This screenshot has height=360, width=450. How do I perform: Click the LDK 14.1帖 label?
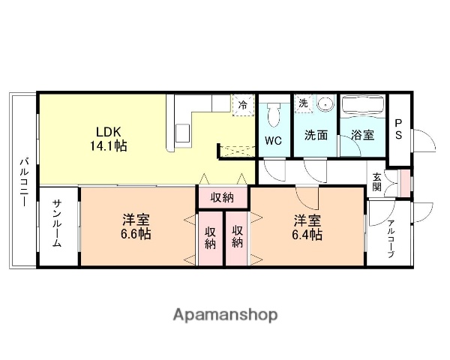click(x=109, y=137)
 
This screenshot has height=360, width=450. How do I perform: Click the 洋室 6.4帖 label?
click(x=307, y=227)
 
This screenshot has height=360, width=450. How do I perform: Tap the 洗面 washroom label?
click(x=315, y=136)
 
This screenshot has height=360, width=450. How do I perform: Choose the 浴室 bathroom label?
click(x=363, y=136)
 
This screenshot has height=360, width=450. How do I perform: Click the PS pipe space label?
click(x=399, y=129)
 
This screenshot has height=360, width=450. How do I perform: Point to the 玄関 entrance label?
click(x=376, y=182)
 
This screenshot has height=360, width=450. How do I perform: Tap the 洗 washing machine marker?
click(x=303, y=103)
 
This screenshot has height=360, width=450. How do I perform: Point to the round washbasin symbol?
click(x=325, y=105)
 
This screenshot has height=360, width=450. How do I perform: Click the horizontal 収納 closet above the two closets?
click(x=222, y=198)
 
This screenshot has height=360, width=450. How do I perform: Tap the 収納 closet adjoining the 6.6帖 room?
click(x=210, y=236)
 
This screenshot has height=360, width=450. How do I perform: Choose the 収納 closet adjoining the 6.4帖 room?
click(x=237, y=236)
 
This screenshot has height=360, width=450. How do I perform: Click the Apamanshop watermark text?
click(x=225, y=314)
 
